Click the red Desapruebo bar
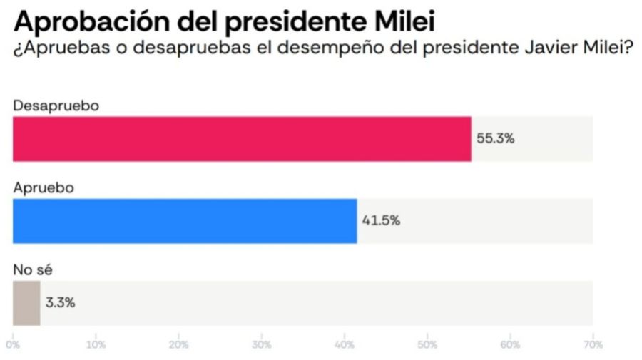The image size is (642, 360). pyautogui.click(x=242, y=138)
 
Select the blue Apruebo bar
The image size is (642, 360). pyautogui.click(x=185, y=220)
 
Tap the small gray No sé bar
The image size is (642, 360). pyautogui.click(x=26, y=303)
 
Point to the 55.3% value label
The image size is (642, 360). pyautogui.click(x=495, y=138)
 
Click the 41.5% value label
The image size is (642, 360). pyautogui.click(x=381, y=220)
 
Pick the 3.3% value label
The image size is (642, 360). pyautogui.click(x=60, y=303)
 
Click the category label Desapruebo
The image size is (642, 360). pyautogui.click(x=56, y=105)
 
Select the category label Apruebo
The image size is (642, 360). pyautogui.click(x=44, y=187)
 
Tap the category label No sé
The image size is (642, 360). pyautogui.click(x=34, y=269)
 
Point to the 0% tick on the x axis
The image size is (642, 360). pyautogui.click(x=14, y=345)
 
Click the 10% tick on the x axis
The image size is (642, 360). pyautogui.click(x=96, y=345)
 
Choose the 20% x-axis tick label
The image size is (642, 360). pyautogui.click(x=178, y=345)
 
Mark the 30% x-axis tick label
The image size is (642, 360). pyautogui.click(x=261, y=345)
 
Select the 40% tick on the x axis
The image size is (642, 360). pyautogui.click(x=344, y=345)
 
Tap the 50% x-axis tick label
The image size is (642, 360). pyautogui.click(x=427, y=345)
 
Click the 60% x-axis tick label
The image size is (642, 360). pyautogui.click(x=509, y=345)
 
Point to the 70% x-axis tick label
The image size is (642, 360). pyautogui.click(x=592, y=345)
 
